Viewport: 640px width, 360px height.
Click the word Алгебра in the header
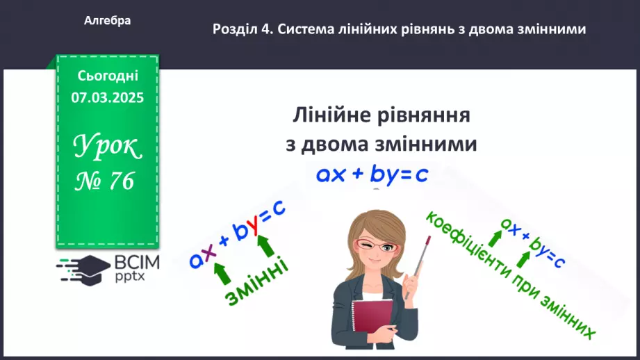[x=107, y=21]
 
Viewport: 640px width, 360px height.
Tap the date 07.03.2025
[x=107, y=98]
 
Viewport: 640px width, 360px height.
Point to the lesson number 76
[x=120, y=181]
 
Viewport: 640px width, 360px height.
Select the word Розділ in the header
[x=235, y=29]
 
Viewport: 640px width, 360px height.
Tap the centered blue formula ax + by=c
[x=372, y=174]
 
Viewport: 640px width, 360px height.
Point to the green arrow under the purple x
[x=222, y=272]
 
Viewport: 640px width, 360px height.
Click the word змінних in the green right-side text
[x=567, y=318]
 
